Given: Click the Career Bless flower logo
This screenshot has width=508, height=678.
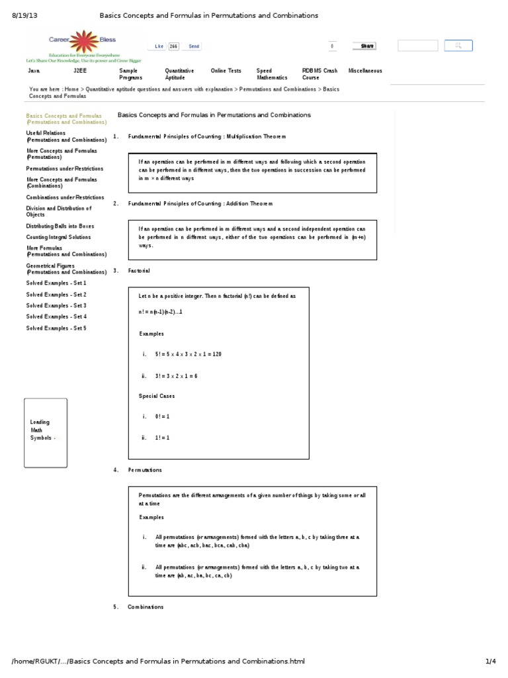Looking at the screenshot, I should click(x=83, y=42).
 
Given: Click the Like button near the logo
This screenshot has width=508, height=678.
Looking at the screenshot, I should click(x=159, y=46).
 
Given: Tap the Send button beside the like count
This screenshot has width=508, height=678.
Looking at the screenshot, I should click(x=194, y=46).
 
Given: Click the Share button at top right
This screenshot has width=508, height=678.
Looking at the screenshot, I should click(x=367, y=46).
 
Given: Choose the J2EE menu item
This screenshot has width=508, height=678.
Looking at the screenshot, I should click(x=79, y=71).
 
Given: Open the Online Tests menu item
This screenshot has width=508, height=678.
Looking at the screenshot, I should click(x=226, y=71).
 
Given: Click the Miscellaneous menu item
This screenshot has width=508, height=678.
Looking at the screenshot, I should click(x=364, y=71).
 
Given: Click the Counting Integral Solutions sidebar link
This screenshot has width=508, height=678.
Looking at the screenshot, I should click(x=59, y=237).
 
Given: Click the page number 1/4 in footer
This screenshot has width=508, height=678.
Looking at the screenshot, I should click(x=489, y=661).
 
